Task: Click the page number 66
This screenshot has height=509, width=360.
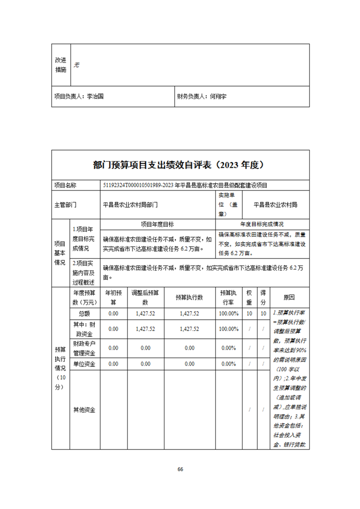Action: point(180,469)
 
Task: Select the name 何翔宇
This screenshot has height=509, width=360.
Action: point(218,97)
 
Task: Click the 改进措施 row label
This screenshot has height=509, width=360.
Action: point(61,65)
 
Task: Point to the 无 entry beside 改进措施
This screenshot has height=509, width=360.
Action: point(77,65)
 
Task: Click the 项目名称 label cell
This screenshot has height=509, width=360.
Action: point(65,185)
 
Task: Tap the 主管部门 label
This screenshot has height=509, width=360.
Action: point(65,205)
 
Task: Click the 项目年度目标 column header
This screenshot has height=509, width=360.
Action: point(157,224)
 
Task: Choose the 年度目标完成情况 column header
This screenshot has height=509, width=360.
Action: point(262,224)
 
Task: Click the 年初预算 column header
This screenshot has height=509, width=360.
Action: point(113,298)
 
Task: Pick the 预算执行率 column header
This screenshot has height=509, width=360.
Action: point(228,298)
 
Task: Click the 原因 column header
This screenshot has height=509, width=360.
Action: point(289,298)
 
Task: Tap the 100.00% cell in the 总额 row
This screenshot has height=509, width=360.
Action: point(228,313)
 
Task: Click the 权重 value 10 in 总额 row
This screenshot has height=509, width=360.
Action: point(249,313)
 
